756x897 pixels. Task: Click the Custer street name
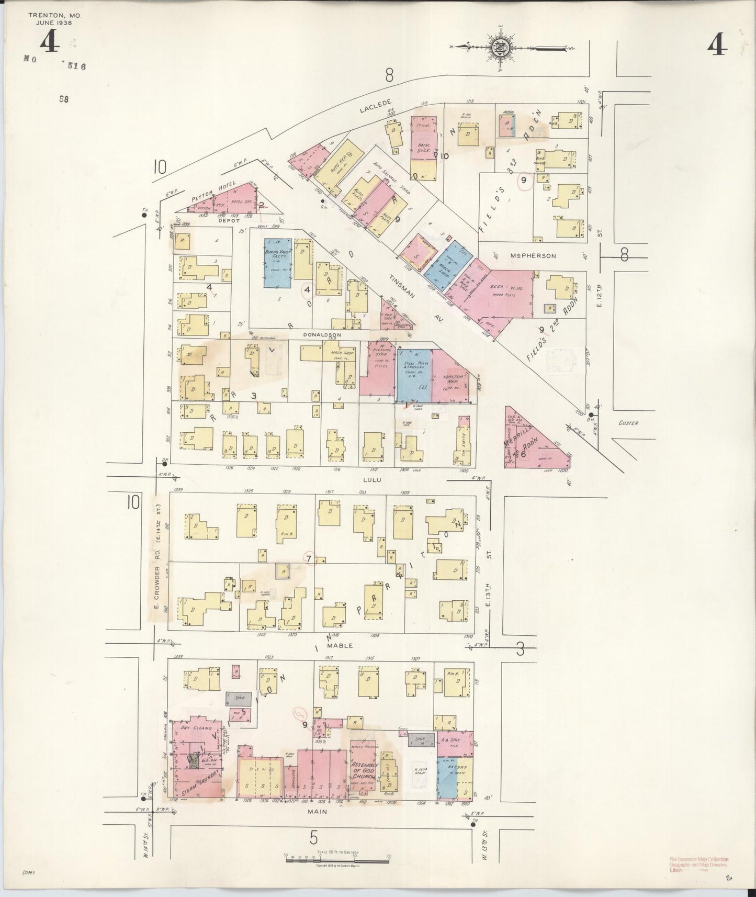(x=628, y=423)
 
